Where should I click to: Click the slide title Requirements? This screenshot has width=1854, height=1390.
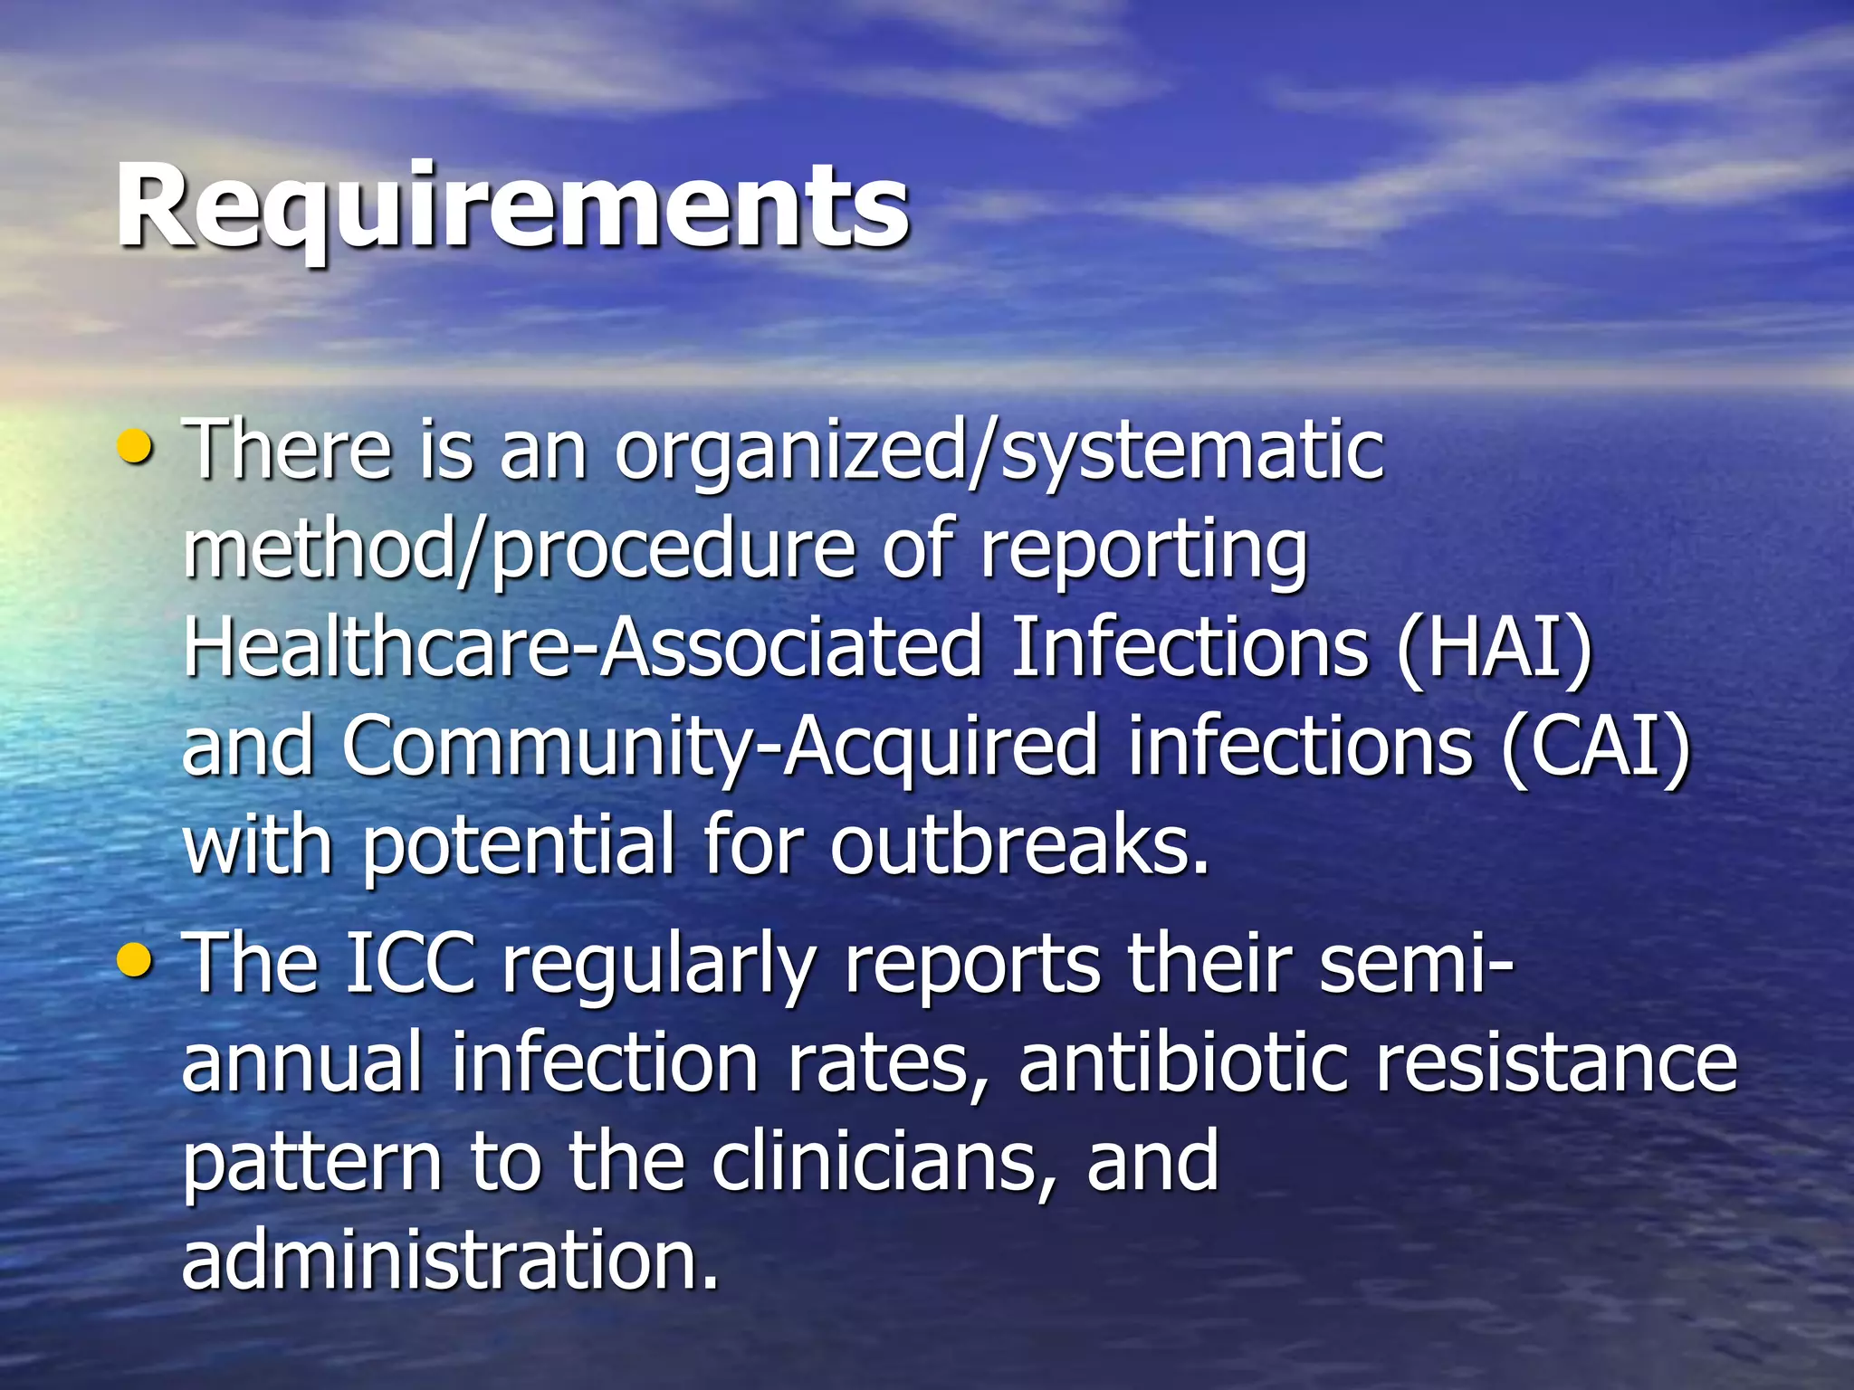coord(512,206)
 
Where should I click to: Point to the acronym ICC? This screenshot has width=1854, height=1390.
coord(411,965)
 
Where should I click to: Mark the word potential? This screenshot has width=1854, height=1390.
coord(519,849)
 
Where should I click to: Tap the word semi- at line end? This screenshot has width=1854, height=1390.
coord(1415,965)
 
